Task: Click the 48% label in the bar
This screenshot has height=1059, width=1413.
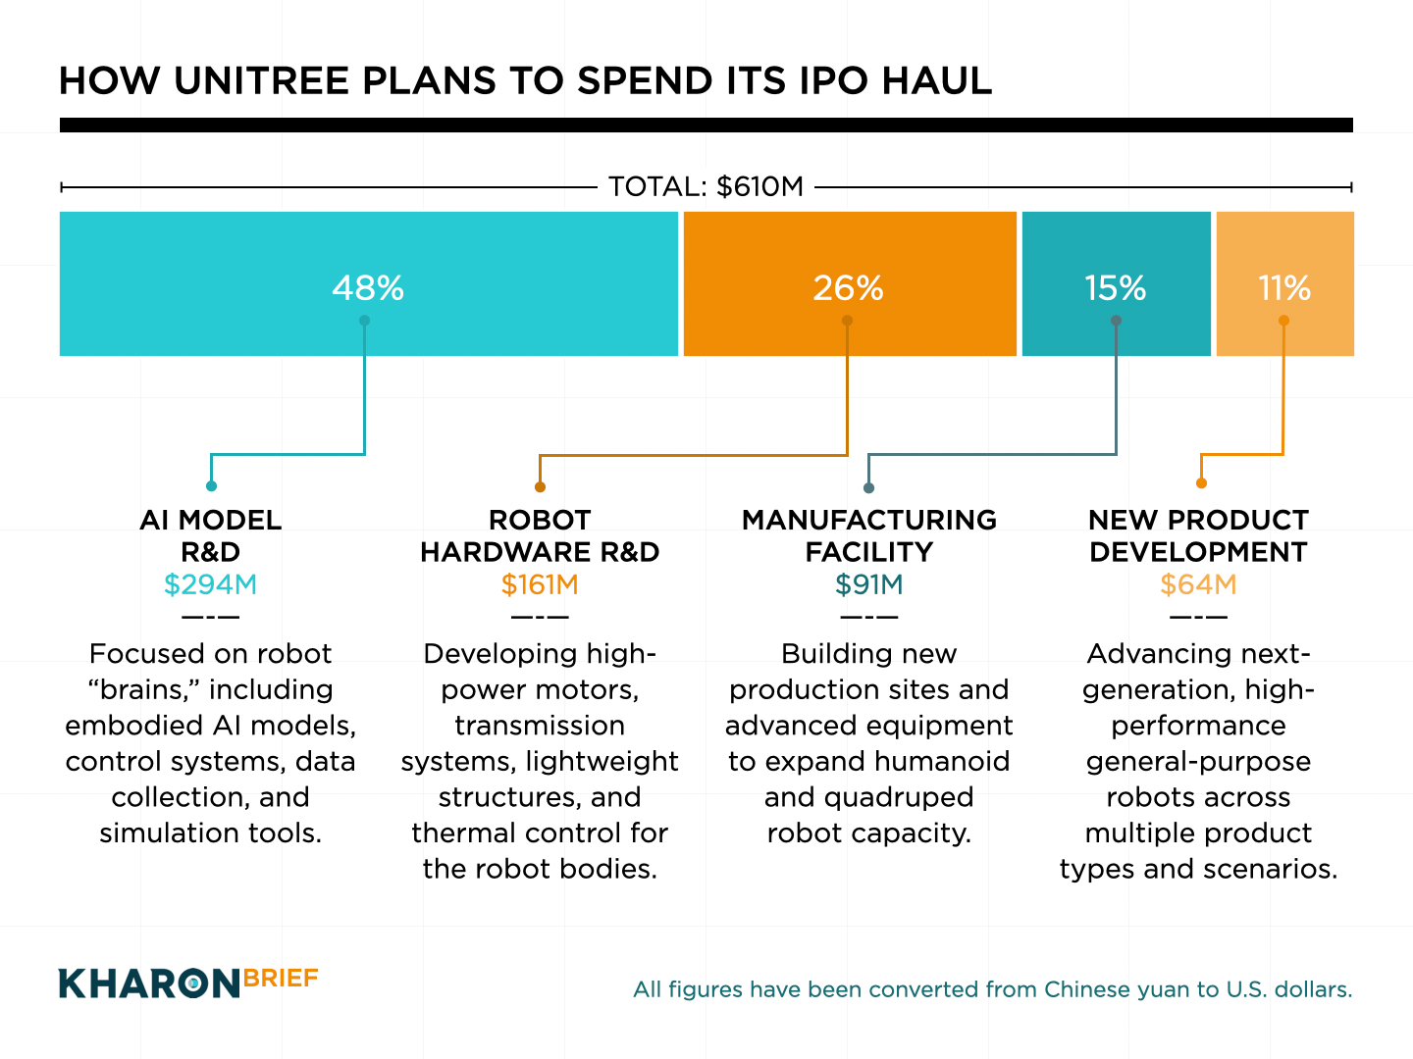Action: tap(368, 288)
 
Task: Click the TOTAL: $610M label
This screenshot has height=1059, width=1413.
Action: tap(706, 186)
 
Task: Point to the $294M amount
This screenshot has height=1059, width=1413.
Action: tap(210, 585)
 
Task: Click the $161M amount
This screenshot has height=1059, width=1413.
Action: tap(540, 585)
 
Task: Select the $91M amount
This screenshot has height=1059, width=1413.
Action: tap(868, 585)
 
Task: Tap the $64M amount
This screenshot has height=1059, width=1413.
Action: tap(1198, 585)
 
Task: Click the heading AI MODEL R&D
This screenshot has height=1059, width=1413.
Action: tap(210, 535)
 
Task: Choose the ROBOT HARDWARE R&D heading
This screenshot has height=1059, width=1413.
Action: tap(540, 535)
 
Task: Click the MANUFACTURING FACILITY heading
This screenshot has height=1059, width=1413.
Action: tap(868, 535)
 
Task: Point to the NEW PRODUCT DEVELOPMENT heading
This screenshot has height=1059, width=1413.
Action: tap(1198, 535)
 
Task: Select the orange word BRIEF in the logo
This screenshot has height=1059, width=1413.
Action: tap(281, 979)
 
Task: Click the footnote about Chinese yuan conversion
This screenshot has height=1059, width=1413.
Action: tap(992, 989)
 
